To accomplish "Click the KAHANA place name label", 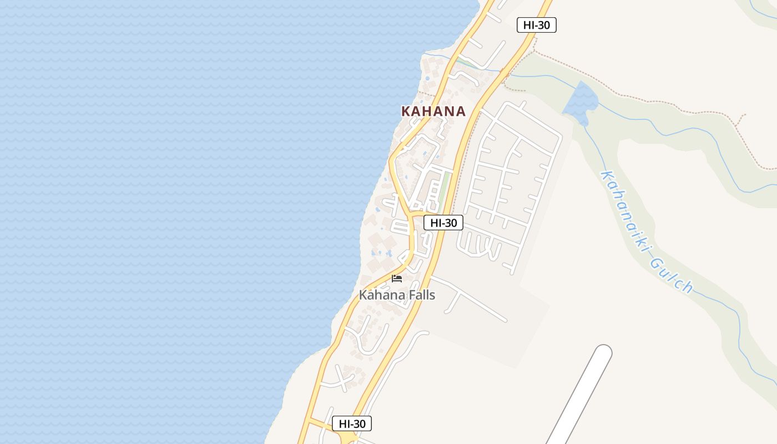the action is [x=433, y=111].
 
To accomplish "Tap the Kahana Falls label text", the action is [x=397, y=295].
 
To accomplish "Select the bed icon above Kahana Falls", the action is [x=397, y=279].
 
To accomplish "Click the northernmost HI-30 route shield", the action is [x=536, y=25].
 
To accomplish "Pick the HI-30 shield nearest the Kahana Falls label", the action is [x=443, y=223].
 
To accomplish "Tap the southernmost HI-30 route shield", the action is [x=352, y=423].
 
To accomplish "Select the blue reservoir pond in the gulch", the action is [x=580, y=103].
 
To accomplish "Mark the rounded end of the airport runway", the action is [x=603, y=353].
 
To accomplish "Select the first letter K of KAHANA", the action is [x=406, y=111].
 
